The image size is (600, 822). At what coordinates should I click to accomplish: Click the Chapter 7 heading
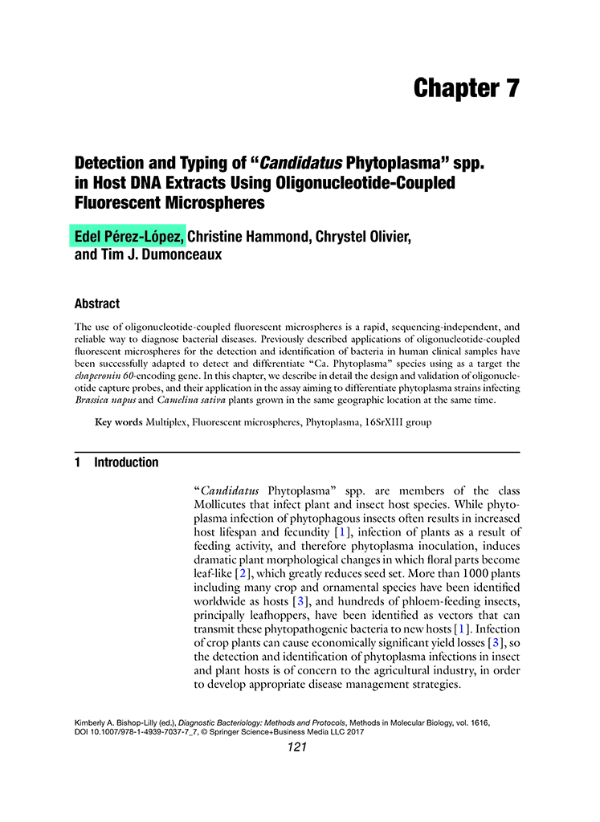point(466,88)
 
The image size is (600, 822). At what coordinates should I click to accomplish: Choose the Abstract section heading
point(97,304)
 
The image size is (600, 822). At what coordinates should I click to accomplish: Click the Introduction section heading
point(126,462)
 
